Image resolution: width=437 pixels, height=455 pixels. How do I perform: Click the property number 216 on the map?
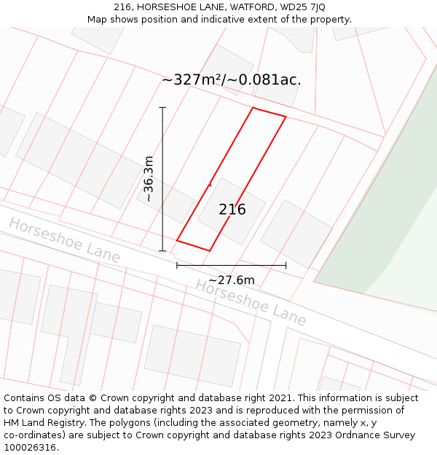(x=232, y=210)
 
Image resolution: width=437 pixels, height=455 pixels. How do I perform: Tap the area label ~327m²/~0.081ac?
(x=232, y=80)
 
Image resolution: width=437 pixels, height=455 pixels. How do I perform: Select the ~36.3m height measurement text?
(x=149, y=178)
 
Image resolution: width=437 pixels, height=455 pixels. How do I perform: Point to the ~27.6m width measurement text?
(x=232, y=280)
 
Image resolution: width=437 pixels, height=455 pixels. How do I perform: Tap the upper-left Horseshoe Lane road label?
(x=64, y=240)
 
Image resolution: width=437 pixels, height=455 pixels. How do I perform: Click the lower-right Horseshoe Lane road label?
(x=250, y=301)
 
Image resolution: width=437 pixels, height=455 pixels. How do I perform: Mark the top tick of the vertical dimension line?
(x=162, y=108)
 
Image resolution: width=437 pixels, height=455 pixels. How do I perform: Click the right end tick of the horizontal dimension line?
(x=286, y=265)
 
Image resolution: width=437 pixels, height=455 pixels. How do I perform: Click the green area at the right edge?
(x=393, y=240)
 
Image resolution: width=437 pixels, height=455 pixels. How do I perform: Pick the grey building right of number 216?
(x=296, y=234)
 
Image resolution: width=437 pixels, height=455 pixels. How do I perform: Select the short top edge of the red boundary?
(x=269, y=112)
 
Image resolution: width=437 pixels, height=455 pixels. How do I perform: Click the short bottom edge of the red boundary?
(x=193, y=245)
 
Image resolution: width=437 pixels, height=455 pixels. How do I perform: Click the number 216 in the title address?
(x=123, y=7)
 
